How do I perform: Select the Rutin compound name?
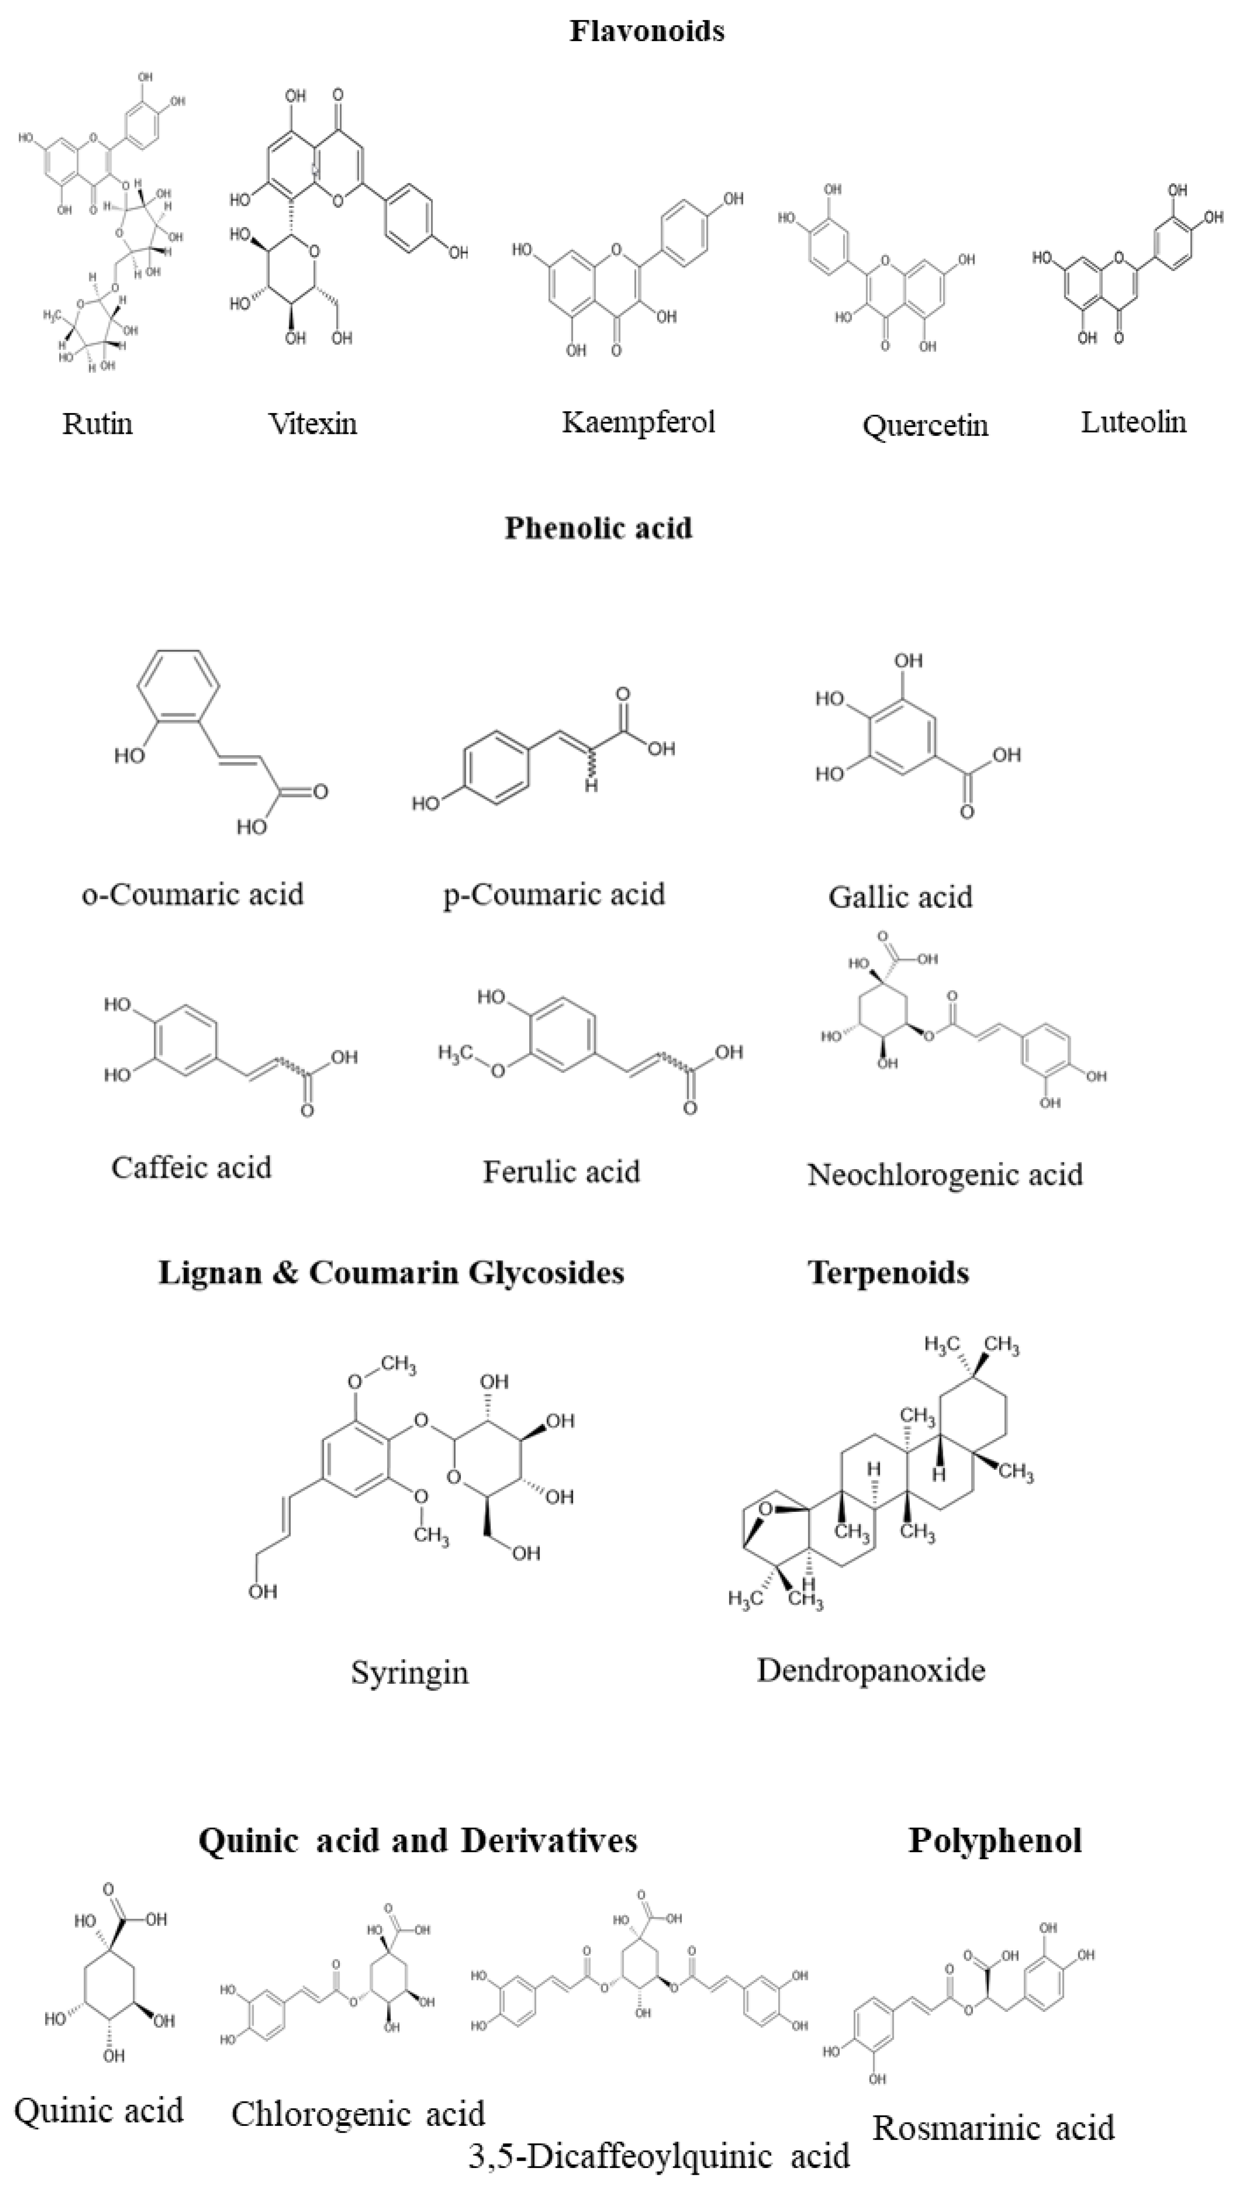pyautogui.click(x=97, y=424)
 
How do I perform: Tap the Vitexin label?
pyautogui.click(x=313, y=424)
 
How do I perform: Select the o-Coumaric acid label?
pyautogui.click(x=193, y=894)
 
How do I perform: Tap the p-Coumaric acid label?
pyautogui.click(x=554, y=894)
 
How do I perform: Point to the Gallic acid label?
pyautogui.click(x=900, y=897)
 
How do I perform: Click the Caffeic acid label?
pyautogui.click(x=191, y=1167)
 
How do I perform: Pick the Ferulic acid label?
pyautogui.click(x=561, y=1172)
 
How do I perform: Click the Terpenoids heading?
pyautogui.click(x=888, y=1273)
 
